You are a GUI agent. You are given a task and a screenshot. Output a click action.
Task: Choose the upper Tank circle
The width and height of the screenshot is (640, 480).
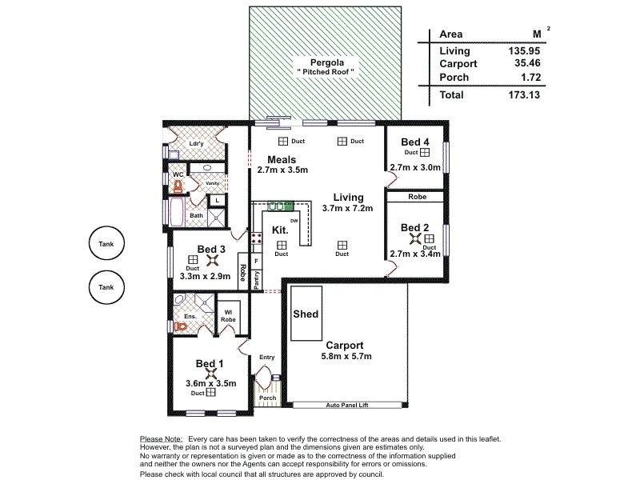tap(106, 246)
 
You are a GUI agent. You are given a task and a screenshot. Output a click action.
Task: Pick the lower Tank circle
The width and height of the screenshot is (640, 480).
tap(106, 287)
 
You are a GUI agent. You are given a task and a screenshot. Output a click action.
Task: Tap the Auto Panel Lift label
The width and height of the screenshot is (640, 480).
tap(347, 406)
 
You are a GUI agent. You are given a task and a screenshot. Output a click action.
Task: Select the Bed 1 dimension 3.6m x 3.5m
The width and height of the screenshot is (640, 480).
tap(210, 382)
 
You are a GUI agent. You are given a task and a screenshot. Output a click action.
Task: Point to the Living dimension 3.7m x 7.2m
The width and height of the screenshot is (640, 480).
tap(343, 208)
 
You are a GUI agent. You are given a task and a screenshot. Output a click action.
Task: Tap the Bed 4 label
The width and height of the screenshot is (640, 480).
tap(415, 142)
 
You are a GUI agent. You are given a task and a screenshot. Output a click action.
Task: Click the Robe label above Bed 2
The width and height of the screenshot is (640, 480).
tap(416, 196)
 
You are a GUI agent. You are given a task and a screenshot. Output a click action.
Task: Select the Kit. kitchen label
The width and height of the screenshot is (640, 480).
tap(280, 230)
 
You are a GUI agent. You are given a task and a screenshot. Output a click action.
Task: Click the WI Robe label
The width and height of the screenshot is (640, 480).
tap(227, 316)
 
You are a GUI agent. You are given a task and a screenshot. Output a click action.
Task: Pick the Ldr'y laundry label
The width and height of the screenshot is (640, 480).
tap(195, 144)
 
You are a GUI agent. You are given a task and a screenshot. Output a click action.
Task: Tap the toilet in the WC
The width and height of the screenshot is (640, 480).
tap(178, 186)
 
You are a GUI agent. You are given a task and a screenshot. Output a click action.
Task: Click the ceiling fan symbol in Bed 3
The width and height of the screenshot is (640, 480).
tap(212, 259)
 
